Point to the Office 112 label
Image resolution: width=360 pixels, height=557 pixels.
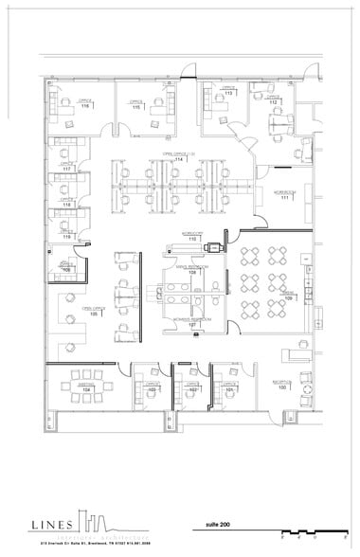pyautogui.click(x=273, y=99)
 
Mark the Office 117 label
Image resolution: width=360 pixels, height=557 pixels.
pyautogui.click(x=67, y=168)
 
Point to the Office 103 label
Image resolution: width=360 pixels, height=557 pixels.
pyautogui.click(x=153, y=389)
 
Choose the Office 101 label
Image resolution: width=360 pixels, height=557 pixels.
pyautogui.click(x=230, y=388)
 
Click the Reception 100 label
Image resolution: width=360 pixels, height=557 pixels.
pyautogui.click(x=281, y=386)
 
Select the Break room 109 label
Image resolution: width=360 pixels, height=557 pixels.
pyautogui.click(x=287, y=296)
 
